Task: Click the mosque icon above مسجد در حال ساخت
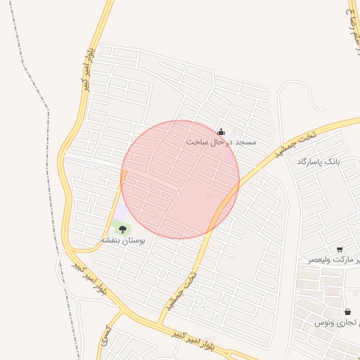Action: (221, 131)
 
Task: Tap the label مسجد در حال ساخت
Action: (221, 142)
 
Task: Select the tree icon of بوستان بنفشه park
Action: (123, 229)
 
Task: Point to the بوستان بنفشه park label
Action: (123, 240)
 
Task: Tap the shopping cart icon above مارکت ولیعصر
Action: (340, 250)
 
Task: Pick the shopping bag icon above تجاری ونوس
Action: (347, 311)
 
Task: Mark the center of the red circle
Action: (180, 179)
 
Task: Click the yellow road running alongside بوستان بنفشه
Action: (117, 204)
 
